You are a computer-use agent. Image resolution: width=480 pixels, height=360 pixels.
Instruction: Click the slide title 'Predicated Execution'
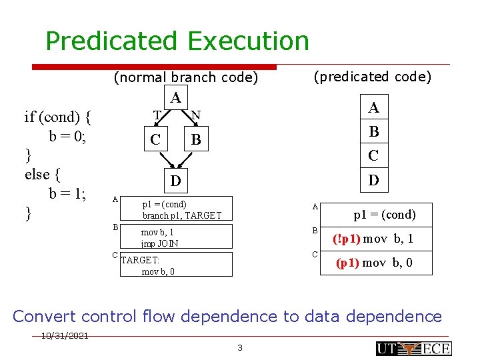pyautogui.click(x=177, y=41)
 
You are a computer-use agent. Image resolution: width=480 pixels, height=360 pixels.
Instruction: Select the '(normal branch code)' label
pyautogui.click(x=186, y=77)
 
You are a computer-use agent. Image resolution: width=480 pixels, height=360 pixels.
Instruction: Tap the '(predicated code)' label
pyautogui.click(x=373, y=77)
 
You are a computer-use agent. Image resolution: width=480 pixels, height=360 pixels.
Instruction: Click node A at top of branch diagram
pyautogui.click(x=175, y=98)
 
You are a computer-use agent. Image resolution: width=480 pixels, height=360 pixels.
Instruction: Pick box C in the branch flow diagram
pyautogui.click(x=155, y=140)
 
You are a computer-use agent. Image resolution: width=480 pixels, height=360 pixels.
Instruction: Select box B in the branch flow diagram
pyautogui.click(x=195, y=140)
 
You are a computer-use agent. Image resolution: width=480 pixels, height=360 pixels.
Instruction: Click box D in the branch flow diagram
pyautogui.click(x=175, y=181)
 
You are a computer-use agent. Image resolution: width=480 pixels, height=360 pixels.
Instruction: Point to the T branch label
pyautogui.click(x=157, y=115)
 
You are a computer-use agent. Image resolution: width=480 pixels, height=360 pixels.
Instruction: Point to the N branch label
pyautogui.click(x=195, y=115)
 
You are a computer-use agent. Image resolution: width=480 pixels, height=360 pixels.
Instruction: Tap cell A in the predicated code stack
pyautogui.click(x=374, y=107)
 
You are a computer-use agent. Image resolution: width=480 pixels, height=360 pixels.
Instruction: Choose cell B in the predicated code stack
pyautogui.click(x=374, y=131)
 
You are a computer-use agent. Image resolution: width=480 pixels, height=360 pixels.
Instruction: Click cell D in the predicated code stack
pyautogui.click(x=374, y=179)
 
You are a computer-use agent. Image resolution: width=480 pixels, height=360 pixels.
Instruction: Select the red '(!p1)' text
pyautogui.click(x=347, y=239)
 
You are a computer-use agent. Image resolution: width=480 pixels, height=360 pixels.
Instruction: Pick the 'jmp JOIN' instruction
pyautogui.click(x=159, y=243)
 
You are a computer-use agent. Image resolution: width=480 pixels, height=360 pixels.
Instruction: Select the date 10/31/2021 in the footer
pyautogui.click(x=63, y=336)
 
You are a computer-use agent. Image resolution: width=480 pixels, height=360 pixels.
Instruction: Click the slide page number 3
pyautogui.click(x=240, y=347)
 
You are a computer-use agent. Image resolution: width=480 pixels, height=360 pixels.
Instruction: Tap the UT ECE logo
pyautogui.click(x=413, y=348)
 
